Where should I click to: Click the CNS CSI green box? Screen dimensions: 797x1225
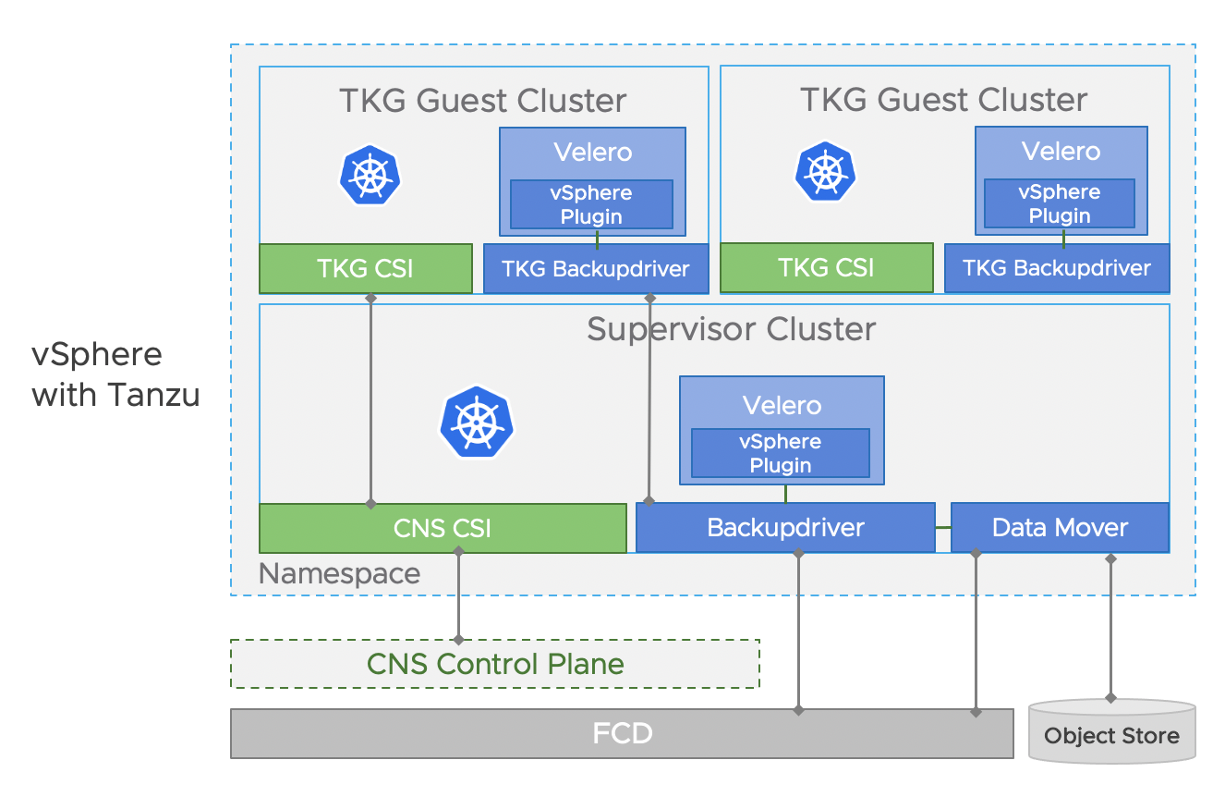point(443,528)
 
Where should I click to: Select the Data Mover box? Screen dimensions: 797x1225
point(1060,528)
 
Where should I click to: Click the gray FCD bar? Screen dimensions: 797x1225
point(622,734)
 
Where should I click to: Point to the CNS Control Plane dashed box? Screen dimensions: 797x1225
point(494,664)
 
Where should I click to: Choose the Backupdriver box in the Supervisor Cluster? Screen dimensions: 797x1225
point(785,528)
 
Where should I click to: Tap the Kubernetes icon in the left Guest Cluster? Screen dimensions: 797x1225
point(370,174)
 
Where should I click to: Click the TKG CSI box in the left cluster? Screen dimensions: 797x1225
point(365,268)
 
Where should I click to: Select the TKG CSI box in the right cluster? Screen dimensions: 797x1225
point(826,268)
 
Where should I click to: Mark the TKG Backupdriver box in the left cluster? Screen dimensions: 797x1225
point(596,269)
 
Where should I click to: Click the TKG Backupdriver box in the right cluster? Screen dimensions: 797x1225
point(1057,268)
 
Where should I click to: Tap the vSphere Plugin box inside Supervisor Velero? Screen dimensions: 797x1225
point(781,453)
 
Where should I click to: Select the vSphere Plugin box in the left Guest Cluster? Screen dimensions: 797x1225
point(591,204)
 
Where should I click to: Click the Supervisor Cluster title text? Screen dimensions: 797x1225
point(731,329)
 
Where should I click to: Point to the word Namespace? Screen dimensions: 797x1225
point(339,573)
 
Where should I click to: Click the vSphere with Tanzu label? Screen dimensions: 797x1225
point(115,374)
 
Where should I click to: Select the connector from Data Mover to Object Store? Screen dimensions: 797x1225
point(1111,629)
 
